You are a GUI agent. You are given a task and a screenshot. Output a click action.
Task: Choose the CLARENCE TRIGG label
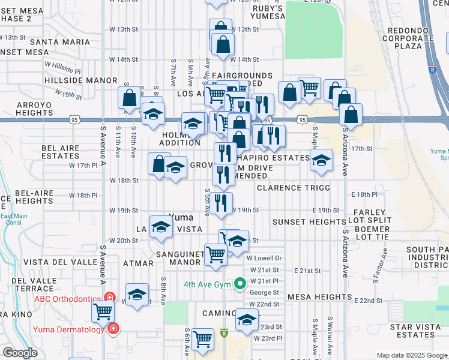(x=294, y=188)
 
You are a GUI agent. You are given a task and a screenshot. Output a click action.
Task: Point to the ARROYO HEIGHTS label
(x=27, y=109)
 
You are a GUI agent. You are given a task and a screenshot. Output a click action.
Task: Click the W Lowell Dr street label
(x=264, y=258)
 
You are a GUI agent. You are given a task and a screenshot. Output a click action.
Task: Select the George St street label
(x=264, y=293)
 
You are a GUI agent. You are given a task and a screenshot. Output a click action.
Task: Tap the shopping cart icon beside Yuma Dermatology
(x=103, y=311)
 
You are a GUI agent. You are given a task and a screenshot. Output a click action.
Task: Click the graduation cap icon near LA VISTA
(x=160, y=227)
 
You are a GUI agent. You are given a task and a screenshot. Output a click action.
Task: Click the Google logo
(x=20, y=353)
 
